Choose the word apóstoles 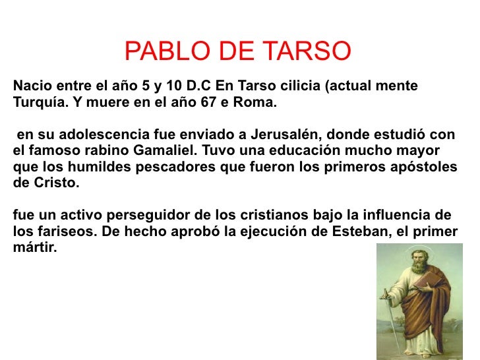click(x=424, y=167)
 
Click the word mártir click(x=34, y=247)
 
